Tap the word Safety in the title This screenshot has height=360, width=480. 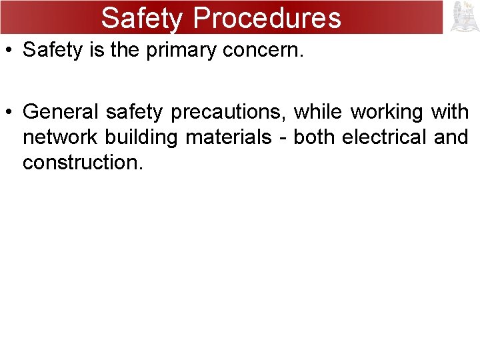[141, 18]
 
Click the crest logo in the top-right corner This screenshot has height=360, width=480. [465, 17]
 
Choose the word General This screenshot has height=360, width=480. [61, 112]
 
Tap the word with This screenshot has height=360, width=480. [450, 112]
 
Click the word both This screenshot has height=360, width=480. [314, 137]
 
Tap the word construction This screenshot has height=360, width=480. [83, 162]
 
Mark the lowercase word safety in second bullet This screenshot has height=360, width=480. [133, 112]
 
